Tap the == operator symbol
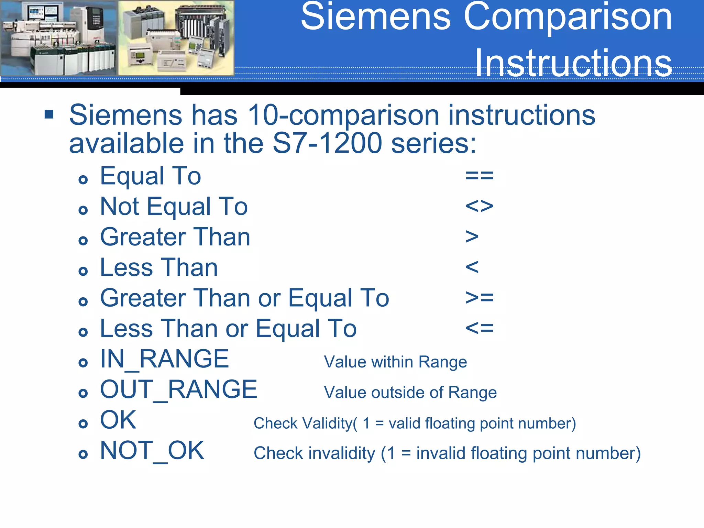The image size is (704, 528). point(479,176)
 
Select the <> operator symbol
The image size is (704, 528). point(479,206)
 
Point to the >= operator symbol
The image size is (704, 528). point(479,298)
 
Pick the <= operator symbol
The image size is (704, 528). point(479,328)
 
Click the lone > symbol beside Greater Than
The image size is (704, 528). point(472,237)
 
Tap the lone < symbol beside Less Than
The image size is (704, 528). point(472,267)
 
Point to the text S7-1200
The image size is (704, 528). point(327,143)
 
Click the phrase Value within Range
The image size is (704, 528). point(395,362)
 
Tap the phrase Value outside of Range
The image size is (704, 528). point(410,393)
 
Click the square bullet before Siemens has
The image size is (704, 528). point(49,114)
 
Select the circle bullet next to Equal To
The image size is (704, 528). point(83,179)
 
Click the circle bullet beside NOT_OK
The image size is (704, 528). point(83,454)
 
